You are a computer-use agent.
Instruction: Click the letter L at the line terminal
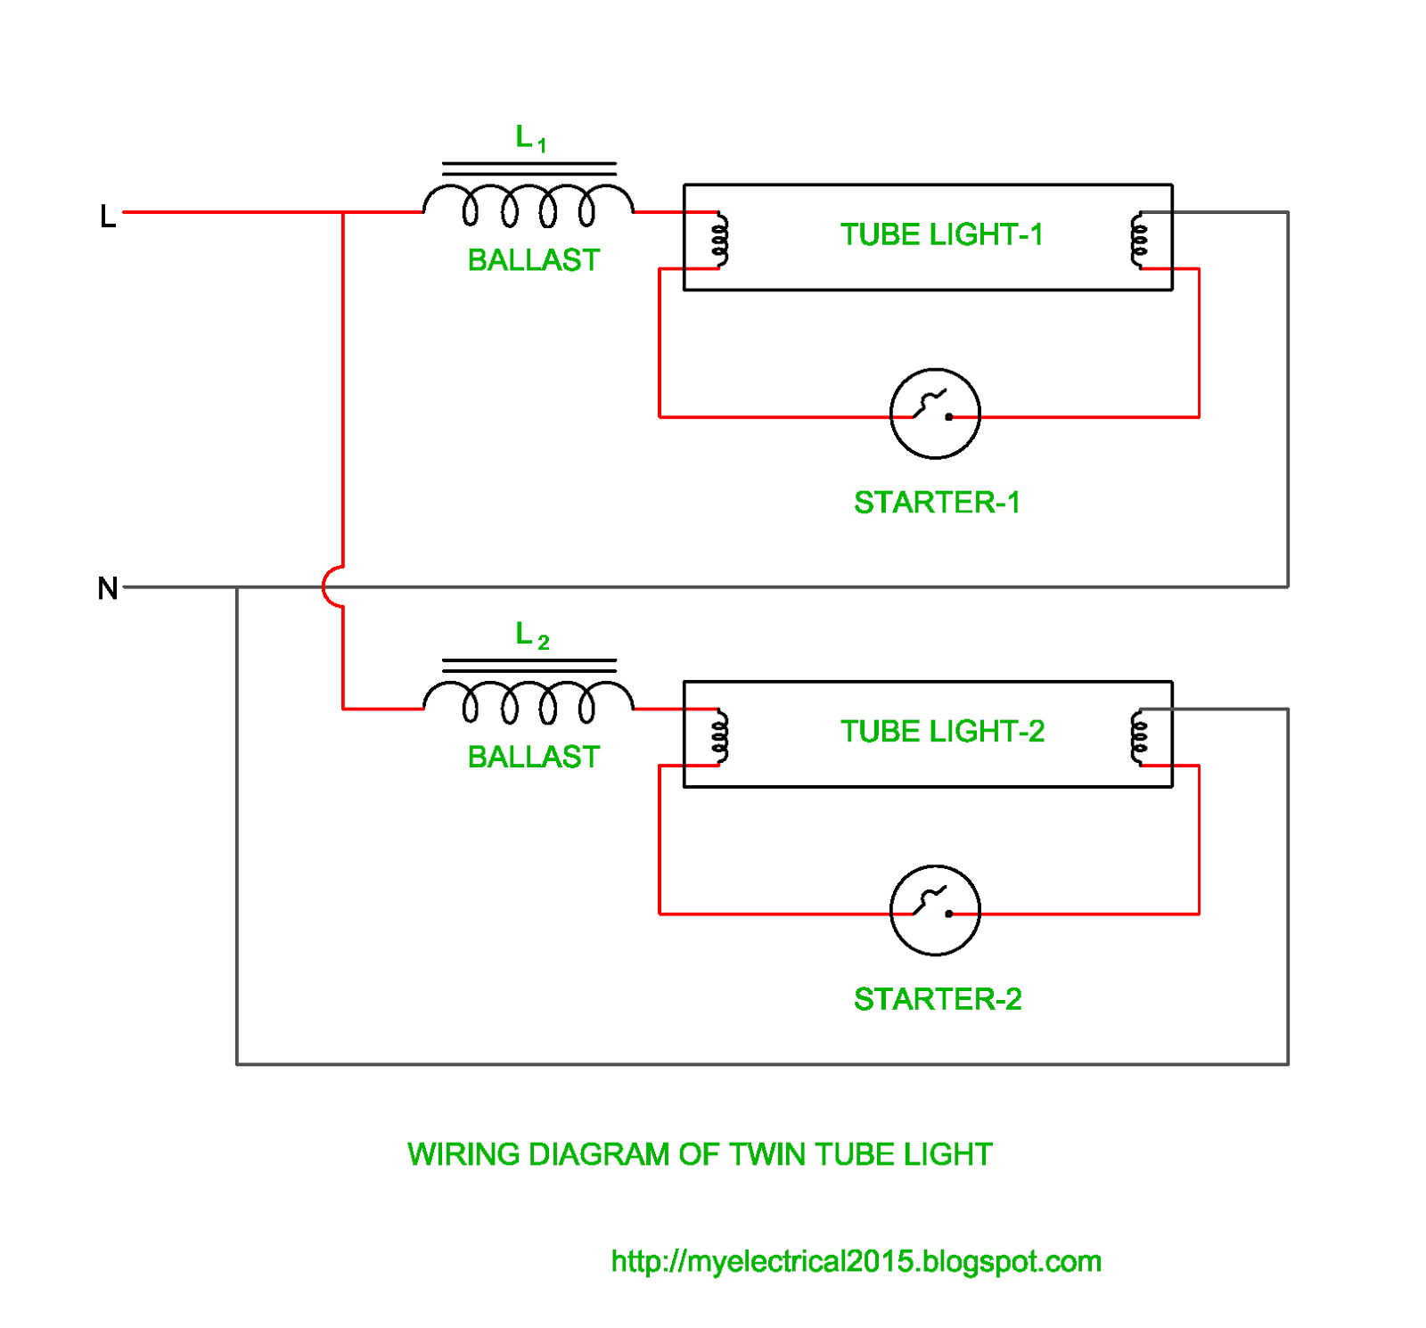[x=107, y=217]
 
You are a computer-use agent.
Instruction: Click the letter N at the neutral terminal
[x=107, y=588]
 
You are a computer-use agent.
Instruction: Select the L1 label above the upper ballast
[x=530, y=138]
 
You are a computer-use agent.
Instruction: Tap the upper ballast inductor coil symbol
[x=528, y=204]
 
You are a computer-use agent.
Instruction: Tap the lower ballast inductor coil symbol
[x=528, y=701]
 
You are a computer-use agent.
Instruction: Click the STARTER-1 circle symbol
[x=934, y=414]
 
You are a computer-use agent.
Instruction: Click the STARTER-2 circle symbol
[x=934, y=910]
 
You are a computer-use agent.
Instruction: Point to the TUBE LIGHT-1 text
[x=941, y=234]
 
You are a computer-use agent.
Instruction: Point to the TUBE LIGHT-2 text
[x=942, y=731]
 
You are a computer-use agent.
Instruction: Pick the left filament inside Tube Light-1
[x=719, y=240]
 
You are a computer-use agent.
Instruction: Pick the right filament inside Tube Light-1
[x=1138, y=240]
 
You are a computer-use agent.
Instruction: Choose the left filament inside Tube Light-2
[x=719, y=737]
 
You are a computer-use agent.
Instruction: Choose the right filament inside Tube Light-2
[x=1138, y=737]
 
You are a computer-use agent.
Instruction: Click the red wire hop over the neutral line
[x=332, y=586]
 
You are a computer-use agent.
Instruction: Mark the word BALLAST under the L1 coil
[x=533, y=260]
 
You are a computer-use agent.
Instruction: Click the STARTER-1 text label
[x=937, y=503]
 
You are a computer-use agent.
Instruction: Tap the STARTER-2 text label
[x=938, y=999]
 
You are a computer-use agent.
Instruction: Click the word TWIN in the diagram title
[x=767, y=1154]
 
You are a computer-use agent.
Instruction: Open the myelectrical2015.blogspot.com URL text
[x=856, y=1261]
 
